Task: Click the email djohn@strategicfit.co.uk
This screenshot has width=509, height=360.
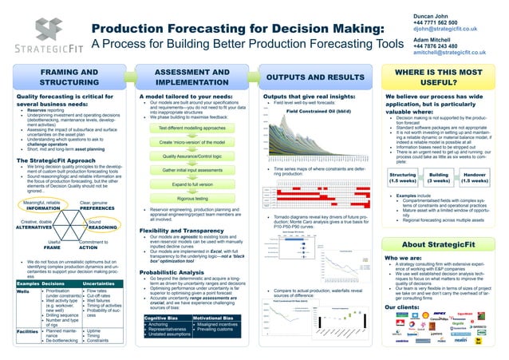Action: [451, 29]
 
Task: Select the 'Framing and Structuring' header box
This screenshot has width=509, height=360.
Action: [64, 77]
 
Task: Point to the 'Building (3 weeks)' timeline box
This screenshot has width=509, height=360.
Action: [439, 177]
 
